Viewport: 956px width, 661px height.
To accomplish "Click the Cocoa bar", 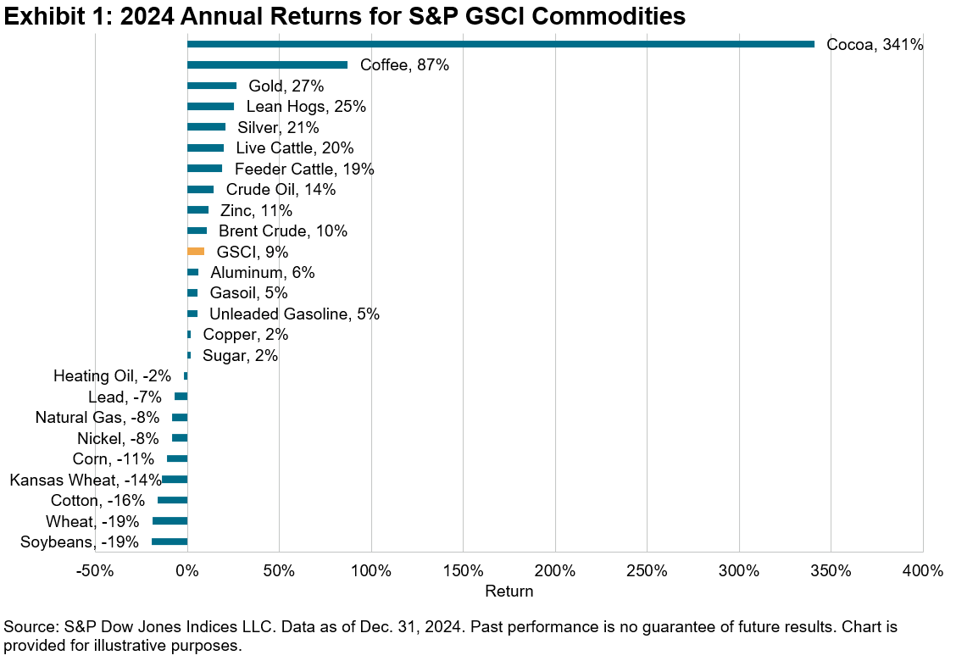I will (x=500, y=44).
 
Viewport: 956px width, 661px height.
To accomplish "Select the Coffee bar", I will (x=267, y=64).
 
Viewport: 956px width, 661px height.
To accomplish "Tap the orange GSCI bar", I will (x=196, y=251).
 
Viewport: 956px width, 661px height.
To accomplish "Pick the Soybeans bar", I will (x=170, y=542).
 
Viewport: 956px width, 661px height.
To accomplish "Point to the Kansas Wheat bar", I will (x=175, y=480).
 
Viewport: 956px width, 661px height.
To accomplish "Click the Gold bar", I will (x=212, y=86).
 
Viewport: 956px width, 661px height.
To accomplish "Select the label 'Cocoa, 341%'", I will (x=875, y=44).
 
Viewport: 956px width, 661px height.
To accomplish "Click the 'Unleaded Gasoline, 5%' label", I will (x=294, y=314).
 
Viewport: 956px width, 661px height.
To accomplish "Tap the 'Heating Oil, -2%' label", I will (x=112, y=375).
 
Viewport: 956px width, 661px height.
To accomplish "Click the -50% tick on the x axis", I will (x=95, y=570).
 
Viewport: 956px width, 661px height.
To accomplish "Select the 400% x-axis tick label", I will (x=922, y=570).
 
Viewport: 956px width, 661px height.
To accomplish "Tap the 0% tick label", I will (x=186, y=570).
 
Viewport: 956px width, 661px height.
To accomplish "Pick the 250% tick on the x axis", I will (x=647, y=570).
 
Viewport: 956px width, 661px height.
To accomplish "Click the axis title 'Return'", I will (x=509, y=591).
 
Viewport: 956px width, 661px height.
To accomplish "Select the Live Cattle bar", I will (x=205, y=147).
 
